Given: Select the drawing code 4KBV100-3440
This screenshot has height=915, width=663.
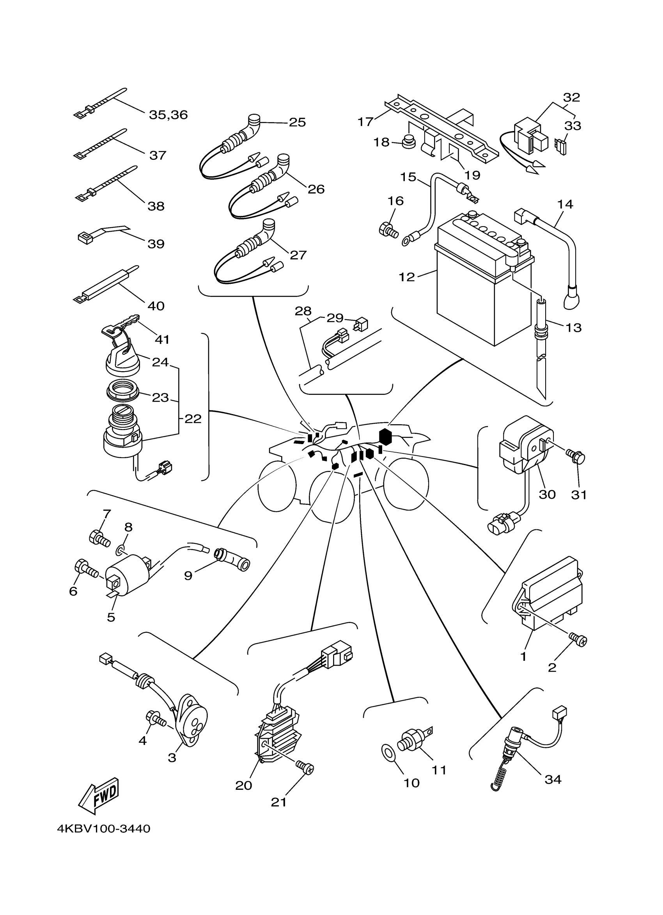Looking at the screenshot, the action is click(x=104, y=829).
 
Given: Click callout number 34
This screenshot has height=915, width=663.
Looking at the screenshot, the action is click(x=553, y=779).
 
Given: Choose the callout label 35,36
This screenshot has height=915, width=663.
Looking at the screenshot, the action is click(x=168, y=115).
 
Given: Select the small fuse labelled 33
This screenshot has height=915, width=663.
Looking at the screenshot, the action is click(x=560, y=147).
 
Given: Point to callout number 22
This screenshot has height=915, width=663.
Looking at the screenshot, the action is click(x=193, y=419).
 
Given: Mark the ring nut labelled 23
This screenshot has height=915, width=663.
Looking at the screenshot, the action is click(x=123, y=390).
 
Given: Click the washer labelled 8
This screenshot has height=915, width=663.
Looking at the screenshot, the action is click(x=120, y=549).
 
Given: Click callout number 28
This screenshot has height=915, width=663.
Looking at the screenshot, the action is click(x=303, y=311).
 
